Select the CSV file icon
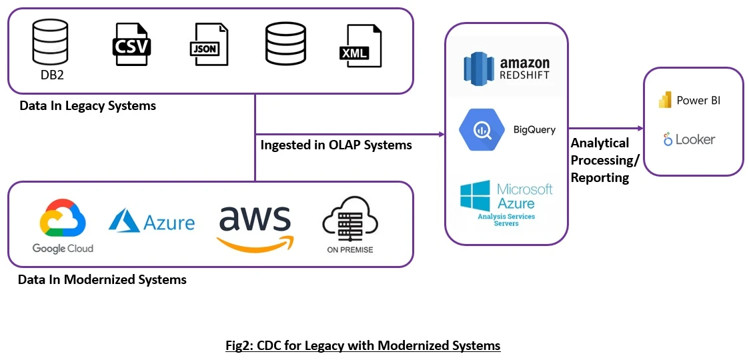pos(131,44)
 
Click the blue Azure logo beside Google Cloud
pos(152,221)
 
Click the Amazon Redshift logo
pos(507,69)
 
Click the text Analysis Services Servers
pos(507,220)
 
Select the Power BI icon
pos(665,100)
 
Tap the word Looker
pos(695,140)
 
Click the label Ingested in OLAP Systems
pos(336,145)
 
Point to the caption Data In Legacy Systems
pos(87,105)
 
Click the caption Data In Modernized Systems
pos(102,280)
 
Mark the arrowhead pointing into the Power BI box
pos(640,128)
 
